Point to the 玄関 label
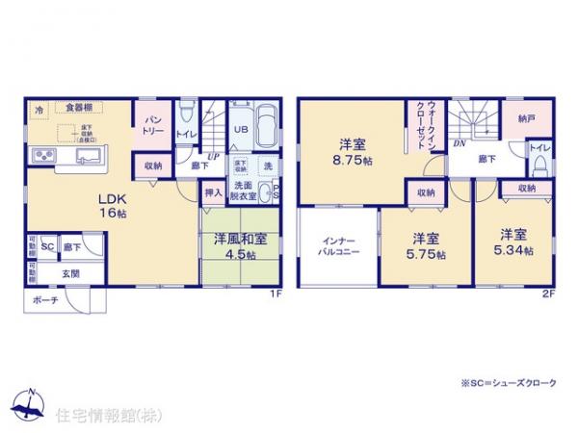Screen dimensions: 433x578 coord(71,273)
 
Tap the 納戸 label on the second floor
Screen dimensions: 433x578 coord(524,119)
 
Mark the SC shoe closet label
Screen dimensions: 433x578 coord(46,247)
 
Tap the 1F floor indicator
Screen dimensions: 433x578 coord(274,293)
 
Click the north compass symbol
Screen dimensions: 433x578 coord(29,403)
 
